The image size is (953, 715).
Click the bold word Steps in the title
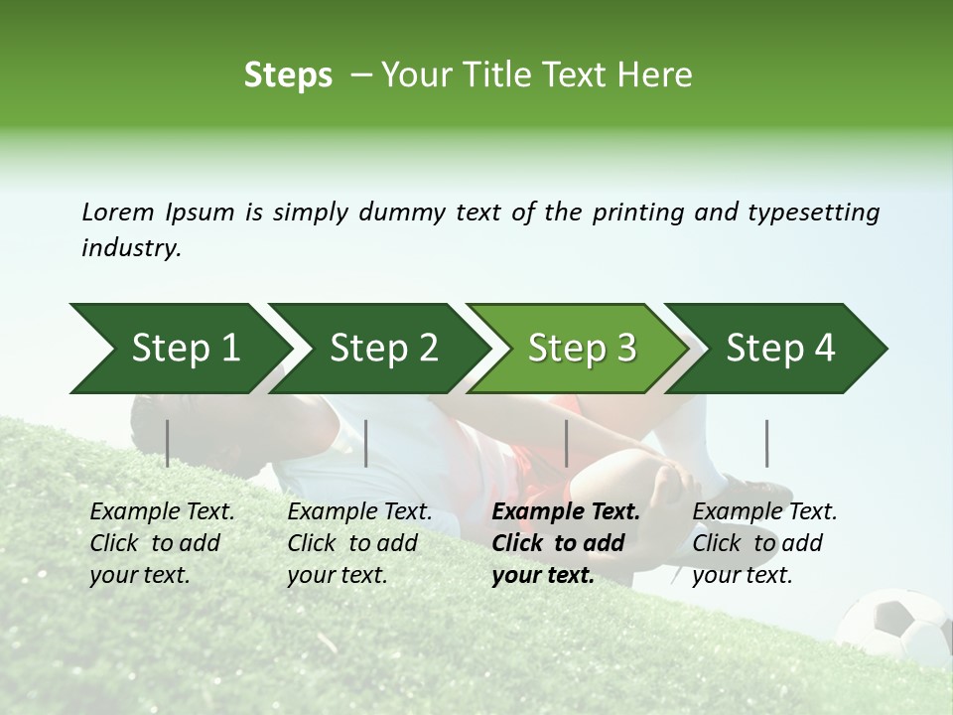[288, 75]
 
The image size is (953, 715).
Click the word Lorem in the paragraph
[117, 212]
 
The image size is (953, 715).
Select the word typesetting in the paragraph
[819, 213]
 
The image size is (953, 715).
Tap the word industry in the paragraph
[130, 248]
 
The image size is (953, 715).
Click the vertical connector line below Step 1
[167, 443]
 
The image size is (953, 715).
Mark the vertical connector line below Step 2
[366, 443]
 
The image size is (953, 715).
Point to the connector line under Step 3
[566, 443]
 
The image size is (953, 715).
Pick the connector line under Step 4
[766, 443]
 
